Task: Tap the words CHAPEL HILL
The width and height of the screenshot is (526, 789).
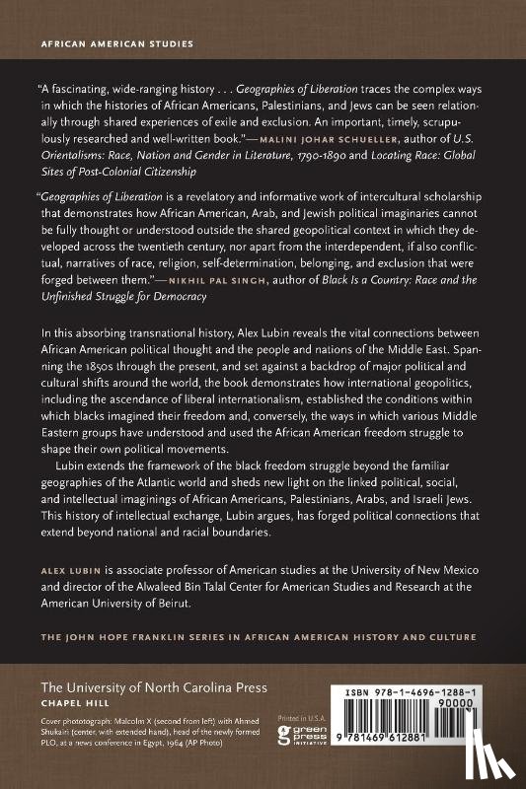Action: pos(72,704)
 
